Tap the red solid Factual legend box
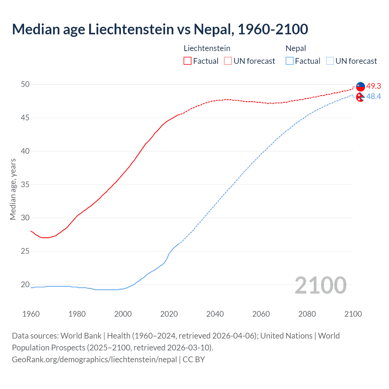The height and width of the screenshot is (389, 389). (188, 61)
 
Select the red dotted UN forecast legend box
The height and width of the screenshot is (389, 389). (228, 61)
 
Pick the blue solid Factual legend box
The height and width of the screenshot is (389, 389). (290, 61)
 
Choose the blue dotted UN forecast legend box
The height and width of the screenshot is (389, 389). (330, 61)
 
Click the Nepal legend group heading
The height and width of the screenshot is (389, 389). (296, 48)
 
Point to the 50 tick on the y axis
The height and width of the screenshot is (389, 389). (25, 84)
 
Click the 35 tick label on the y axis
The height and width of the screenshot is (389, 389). (25, 184)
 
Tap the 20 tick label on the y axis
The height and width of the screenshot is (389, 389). (25, 285)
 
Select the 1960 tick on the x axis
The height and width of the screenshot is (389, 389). (31, 314)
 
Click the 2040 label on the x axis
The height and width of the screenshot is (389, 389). (215, 314)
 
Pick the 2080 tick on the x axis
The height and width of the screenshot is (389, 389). (307, 314)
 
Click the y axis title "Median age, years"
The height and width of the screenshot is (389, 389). (13, 189)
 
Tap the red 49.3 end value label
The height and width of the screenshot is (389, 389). (374, 86)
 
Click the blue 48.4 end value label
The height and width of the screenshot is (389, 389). (374, 97)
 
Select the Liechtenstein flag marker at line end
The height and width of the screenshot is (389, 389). (360, 87)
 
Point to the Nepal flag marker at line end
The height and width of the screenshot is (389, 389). (360, 97)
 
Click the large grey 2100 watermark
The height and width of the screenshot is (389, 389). (320, 285)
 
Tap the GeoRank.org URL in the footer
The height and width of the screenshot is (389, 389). (94, 360)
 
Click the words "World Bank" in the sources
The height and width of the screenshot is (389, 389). (81, 336)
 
